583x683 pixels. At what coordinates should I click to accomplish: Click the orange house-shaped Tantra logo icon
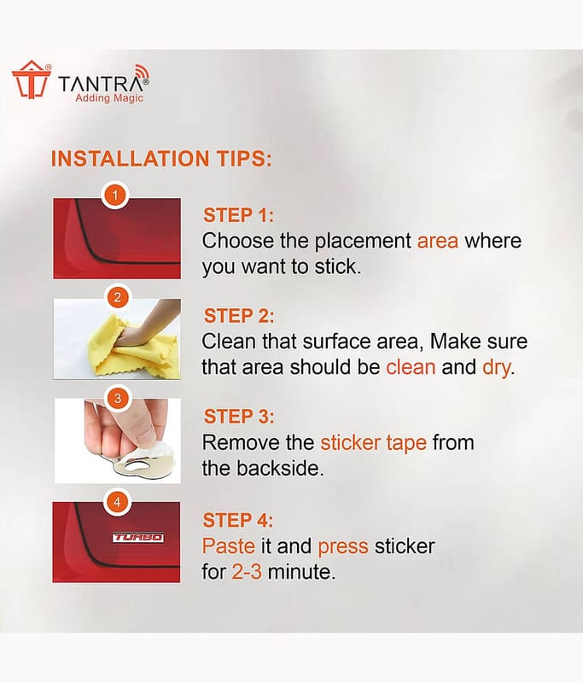point(32,79)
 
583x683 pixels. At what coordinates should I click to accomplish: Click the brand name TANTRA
point(101,84)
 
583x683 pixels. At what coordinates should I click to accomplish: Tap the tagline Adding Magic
point(109,98)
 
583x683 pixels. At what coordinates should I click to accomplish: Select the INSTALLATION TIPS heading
point(161,159)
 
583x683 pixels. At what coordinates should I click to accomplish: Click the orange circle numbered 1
point(115,196)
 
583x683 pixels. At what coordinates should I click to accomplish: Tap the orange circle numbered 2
point(117,297)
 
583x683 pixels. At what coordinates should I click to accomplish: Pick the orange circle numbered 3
point(117,398)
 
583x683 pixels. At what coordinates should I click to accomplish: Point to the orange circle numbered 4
point(117,502)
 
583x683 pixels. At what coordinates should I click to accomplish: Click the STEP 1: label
point(239,215)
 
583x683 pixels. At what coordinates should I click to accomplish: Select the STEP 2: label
point(239,316)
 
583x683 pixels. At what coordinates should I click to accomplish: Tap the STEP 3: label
point(239,417)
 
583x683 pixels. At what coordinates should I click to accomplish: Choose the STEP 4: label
point(238,520)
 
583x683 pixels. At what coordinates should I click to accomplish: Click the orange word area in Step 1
point(438,242)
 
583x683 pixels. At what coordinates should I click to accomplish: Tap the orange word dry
point(496,368)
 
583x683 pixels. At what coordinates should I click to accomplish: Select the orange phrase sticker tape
point(374,443)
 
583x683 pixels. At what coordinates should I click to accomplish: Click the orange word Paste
point(229,546)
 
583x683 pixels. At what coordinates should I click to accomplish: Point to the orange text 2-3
point(247,571)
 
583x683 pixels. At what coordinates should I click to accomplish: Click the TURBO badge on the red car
point(138,538)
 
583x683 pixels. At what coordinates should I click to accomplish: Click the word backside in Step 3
point(278,469)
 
